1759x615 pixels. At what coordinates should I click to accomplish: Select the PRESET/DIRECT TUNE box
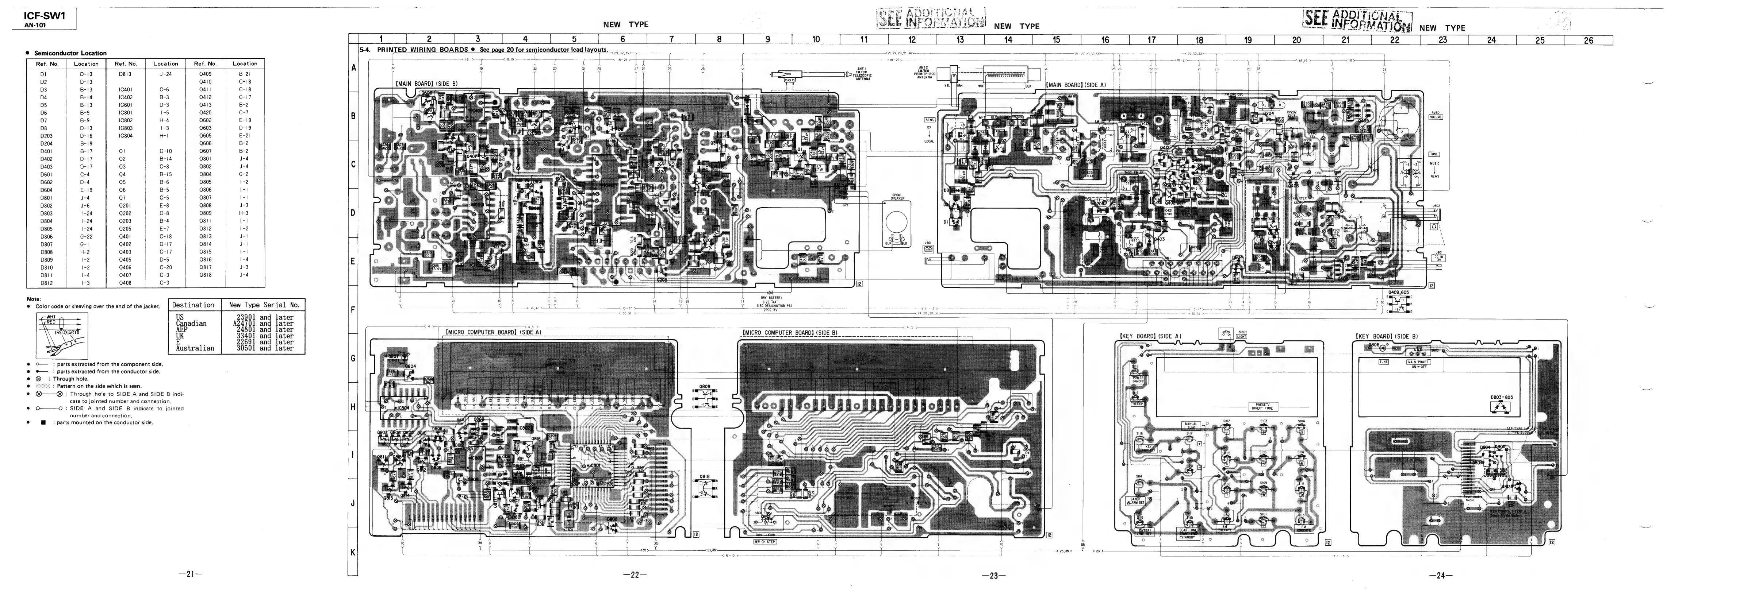[1261, 407]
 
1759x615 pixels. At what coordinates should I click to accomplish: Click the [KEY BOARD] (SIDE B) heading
[1386, 337]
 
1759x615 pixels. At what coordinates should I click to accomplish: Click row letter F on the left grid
[353, 310]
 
